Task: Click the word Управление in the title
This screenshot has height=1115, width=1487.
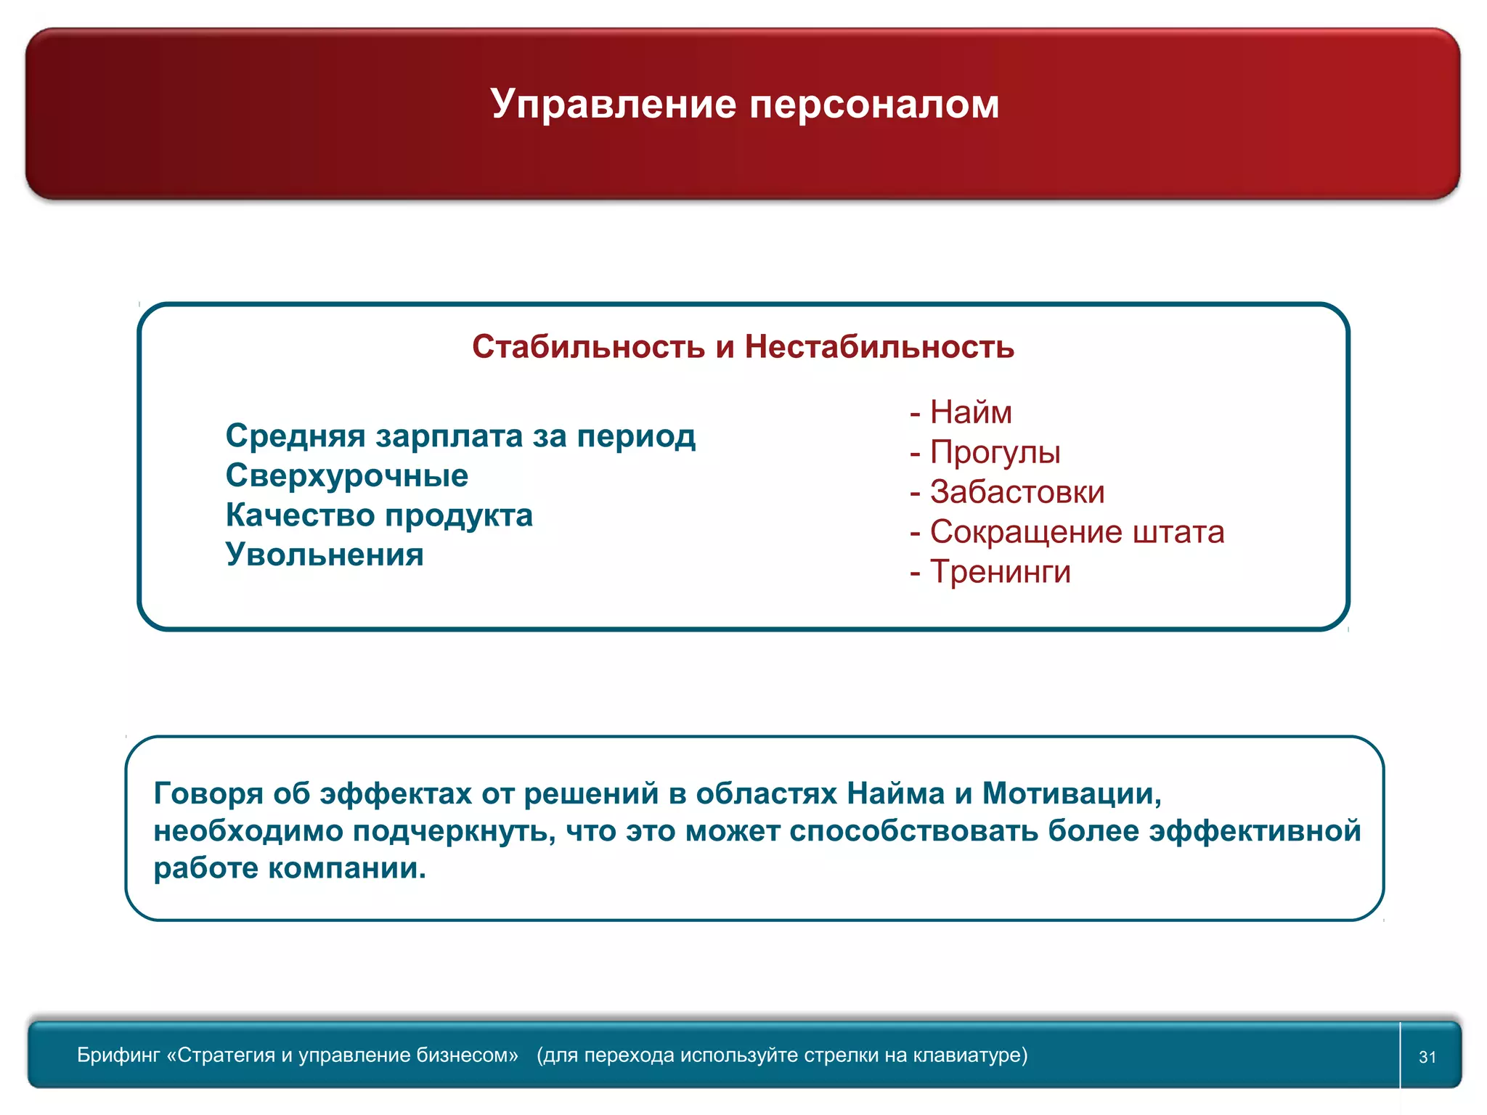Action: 614,104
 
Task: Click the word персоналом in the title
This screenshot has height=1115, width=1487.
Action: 874,104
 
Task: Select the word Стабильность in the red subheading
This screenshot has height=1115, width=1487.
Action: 588,346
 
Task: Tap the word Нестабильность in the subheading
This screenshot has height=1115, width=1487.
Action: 879,346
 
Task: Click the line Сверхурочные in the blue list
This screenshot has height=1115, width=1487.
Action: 346,476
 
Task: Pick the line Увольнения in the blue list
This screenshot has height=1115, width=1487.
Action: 324,555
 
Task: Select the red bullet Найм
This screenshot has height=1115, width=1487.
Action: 970,412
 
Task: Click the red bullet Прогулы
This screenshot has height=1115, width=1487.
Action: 995,452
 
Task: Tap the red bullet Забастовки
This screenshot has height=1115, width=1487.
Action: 1017,492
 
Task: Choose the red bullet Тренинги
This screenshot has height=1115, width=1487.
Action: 1000,572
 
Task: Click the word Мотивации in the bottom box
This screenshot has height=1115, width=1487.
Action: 1071,793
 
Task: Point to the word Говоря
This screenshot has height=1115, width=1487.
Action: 208,793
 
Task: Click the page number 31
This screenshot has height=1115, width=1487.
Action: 1427,1057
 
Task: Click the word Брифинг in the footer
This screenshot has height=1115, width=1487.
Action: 118,1055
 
